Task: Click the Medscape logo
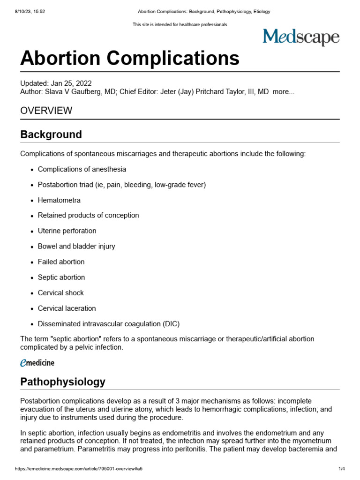(x=300, y=37)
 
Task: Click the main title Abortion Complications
(x=130, y=59)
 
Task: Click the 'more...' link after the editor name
(x=283, y=92)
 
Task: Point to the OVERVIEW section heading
(x=46, y=111)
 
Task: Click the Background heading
(x=51, y=135)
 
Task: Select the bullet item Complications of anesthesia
(x=82, y=169)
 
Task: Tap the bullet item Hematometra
(x=59, y=200)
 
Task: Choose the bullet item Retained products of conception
(x=88, y=216)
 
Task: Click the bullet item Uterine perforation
(x=67, y=231)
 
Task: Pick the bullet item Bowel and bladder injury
(x=76, y=247)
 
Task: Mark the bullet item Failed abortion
(x=61, y=262)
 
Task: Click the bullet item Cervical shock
(x=60, y=293)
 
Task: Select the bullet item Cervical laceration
(x=67, y=308)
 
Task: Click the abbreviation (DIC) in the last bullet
(x=171, y=324)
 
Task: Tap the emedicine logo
(x=37, y=362)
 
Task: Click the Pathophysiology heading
(x=63, y=382)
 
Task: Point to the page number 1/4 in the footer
(x=342, y=469)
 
